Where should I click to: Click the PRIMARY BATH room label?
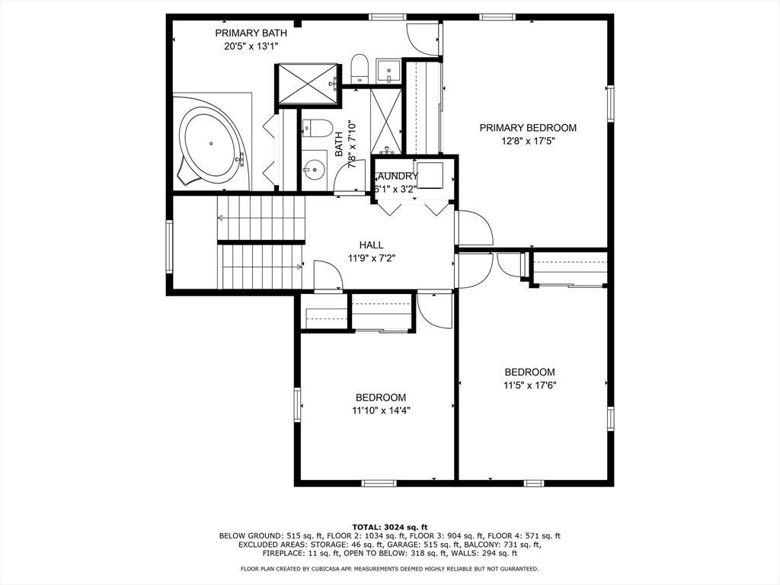pos(251,34)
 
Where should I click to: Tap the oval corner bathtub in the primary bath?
pos(211,144)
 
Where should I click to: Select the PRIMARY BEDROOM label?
pos(528,128)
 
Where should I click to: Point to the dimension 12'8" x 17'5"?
pos(528,141)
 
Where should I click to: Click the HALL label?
pos(372,245)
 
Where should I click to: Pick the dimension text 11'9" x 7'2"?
pos(372,257)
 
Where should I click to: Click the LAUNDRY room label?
pos(397,176)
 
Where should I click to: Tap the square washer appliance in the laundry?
pos(430,175)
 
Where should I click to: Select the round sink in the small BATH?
pos(314,170)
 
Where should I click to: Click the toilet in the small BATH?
pos(317,129)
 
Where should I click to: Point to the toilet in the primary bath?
pos(359,68)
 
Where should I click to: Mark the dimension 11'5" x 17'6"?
pos(530,385)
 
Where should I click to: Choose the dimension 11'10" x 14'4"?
pos(381,411)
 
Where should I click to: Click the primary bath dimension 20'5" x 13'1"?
pos(251,46)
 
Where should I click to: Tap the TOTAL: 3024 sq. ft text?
pos(390,527)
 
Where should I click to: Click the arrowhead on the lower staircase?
pos(299,267)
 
